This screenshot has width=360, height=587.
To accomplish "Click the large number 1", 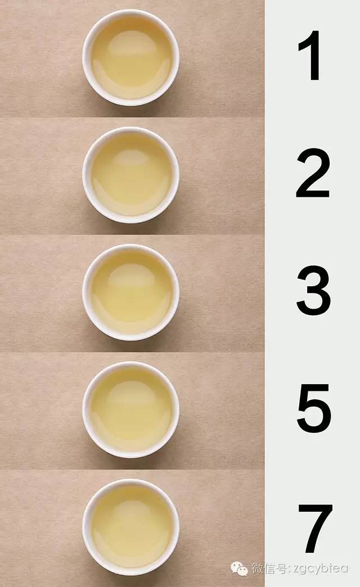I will [x=311, y=56].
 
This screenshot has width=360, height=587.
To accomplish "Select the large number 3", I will [x=313, y=292].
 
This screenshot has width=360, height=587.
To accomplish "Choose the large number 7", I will [x=314, y=529].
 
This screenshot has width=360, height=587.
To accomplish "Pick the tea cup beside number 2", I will [x=131, y=175].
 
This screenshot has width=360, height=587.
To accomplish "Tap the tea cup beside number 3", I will [x=131, y=292].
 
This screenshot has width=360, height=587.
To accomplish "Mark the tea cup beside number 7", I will [x=131, y=527].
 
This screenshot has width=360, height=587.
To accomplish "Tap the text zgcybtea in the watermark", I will [x=320, y=568].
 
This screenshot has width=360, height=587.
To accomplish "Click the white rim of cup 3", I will [x=86, y=292].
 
